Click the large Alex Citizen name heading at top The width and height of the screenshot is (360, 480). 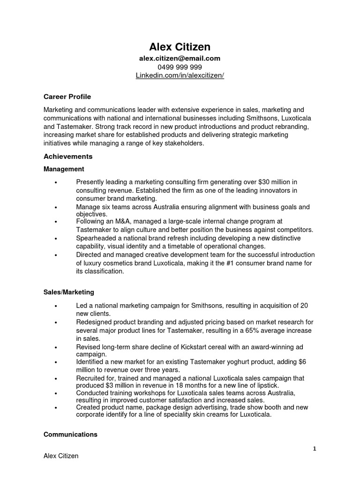180,47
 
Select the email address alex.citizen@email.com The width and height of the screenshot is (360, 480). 180,59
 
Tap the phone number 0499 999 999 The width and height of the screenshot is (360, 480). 180,67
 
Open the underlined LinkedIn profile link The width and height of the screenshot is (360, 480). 180,75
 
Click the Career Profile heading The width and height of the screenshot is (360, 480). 67,97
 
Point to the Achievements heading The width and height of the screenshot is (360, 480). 68,156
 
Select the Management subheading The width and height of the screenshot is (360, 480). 64,169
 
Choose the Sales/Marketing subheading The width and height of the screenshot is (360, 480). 69,292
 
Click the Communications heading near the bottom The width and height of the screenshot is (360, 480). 70,435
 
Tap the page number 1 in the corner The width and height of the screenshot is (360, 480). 315,449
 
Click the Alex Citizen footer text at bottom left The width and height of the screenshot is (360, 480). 61,456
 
